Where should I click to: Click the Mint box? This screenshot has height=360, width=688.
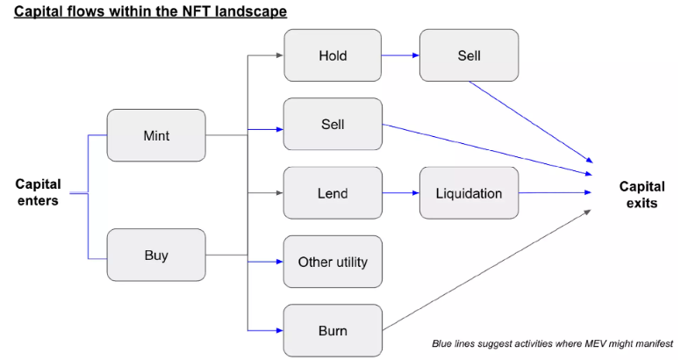156,135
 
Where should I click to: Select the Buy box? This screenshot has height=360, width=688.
156,256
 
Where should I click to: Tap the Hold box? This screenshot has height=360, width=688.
333,55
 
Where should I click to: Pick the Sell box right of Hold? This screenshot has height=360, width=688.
469,55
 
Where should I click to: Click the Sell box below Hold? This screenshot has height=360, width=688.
333,124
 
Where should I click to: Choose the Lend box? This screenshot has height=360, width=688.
333,193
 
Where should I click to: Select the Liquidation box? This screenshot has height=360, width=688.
469,193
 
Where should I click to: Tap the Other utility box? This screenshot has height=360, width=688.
333,262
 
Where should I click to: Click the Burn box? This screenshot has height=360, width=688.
333,331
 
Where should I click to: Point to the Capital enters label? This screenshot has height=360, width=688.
39,192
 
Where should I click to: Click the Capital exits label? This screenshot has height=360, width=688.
637,194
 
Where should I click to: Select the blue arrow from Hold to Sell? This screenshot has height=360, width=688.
400,55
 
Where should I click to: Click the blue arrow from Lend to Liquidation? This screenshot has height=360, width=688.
400,193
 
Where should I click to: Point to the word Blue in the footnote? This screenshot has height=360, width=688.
443,342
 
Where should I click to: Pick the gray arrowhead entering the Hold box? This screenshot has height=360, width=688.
279,55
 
